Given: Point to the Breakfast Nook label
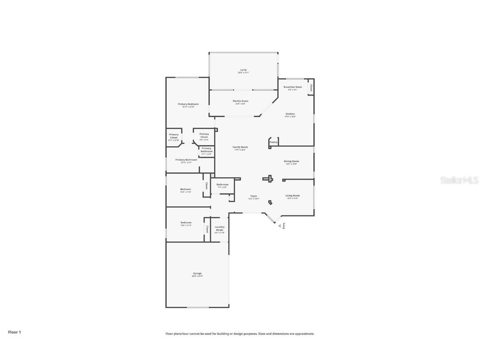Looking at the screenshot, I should click(292, 87).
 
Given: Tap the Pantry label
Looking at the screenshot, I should click(273, 142).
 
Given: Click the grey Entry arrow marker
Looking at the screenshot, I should click(280, 225).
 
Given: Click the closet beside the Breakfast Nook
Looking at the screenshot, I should click(311, 88).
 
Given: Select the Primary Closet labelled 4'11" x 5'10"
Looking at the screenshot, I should click(174, 137).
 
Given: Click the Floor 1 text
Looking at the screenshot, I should click(14, 332).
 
